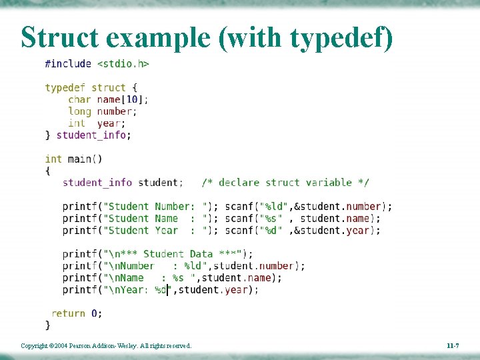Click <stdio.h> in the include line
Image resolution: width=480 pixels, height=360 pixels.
pyautogui.click(x=123, y=64)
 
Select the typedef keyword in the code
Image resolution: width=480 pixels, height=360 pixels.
pyautogui.click(x=65, y=87)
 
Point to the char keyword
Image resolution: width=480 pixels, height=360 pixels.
pyautogui.click(x=79, y=99)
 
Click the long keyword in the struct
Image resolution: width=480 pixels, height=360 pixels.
pyautogui.click(x=79, y=111)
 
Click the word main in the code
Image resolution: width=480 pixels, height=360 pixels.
pyautogui.click(x=79, y=159)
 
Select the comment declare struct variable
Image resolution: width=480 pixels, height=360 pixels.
pyautogui.click(x=285, y=182)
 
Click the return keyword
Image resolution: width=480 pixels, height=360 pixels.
pyautogui.click(x=68, y=313)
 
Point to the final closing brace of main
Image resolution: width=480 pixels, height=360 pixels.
pyautogui.click(x=47, y=325)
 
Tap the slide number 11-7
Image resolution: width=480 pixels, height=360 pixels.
pyautogui.click(x=452, y=346)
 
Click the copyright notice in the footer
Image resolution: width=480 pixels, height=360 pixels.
pyautogui.click(x=106, y=346)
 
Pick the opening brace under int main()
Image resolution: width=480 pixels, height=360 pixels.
pyautogui.click(x=47, y=171)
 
